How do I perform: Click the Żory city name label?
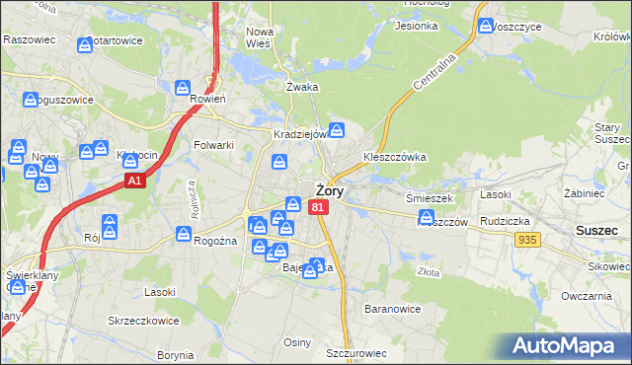click(330, 191)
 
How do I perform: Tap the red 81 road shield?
click(317, 207)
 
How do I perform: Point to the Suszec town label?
click(596, 230)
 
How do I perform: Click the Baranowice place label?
click(394, 309)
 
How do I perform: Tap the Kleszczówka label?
click(394, 157)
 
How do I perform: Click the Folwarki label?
click(214, 145)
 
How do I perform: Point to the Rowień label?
click(208, 99)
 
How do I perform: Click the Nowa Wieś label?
click(260, 36)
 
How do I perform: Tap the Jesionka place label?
click(416, 26)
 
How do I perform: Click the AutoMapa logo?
click(570, 345)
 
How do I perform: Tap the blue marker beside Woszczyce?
click(485, 27)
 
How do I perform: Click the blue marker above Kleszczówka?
click(337, 129)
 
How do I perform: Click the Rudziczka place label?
click(508, 221)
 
